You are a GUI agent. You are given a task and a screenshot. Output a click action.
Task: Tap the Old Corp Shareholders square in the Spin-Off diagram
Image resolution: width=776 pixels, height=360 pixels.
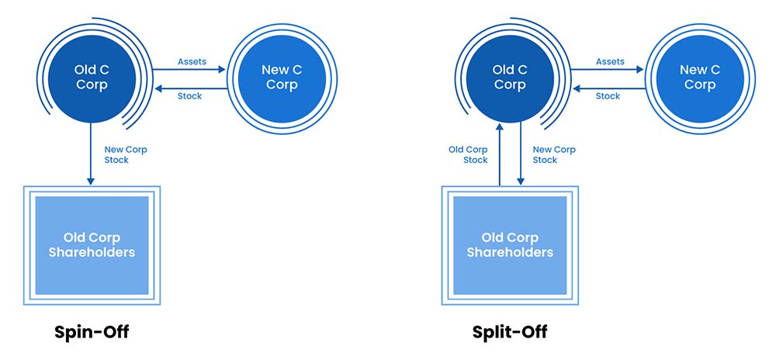92,245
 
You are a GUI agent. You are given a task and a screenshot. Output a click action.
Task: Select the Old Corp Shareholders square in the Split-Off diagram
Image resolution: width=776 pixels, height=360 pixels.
509,245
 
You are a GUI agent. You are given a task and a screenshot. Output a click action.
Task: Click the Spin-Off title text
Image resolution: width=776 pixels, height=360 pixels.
92,332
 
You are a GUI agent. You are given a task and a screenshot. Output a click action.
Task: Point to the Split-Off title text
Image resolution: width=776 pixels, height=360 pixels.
509,332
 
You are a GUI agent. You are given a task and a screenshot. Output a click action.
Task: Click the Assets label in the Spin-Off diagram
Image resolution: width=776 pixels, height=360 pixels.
192,61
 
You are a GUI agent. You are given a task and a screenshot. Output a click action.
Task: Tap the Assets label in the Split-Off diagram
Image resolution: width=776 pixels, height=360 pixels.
610,61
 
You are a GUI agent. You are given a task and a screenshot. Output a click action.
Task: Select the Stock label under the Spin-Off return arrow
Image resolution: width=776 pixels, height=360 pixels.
189,96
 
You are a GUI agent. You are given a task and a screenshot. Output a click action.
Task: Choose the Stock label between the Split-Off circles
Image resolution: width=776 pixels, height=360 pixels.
608,96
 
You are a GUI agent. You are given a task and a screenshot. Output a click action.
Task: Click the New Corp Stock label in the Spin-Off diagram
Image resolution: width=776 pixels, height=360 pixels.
126,154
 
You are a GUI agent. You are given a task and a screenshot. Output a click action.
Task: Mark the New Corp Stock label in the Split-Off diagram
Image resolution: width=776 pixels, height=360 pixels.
553,154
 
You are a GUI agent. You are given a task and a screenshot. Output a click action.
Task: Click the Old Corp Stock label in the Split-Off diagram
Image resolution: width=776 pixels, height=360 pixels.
468,154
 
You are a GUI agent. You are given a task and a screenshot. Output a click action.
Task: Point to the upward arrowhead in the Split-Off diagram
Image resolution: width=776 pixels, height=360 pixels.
500,130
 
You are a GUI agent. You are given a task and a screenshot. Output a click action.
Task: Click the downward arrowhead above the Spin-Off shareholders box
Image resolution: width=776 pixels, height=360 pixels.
92,180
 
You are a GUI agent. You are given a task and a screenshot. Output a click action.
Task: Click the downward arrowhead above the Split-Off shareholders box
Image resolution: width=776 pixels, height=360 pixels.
520,181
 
